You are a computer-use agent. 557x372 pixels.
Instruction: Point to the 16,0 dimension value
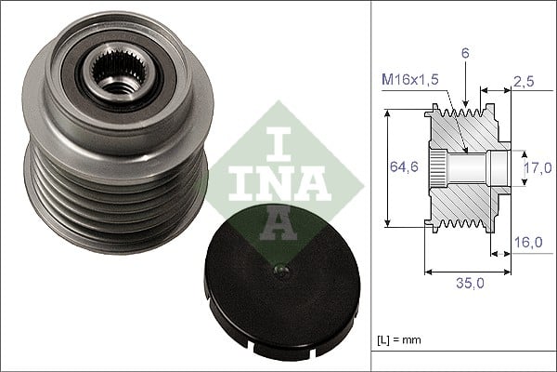pos(527,242)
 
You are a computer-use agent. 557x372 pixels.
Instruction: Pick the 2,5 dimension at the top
pos(525,83)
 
